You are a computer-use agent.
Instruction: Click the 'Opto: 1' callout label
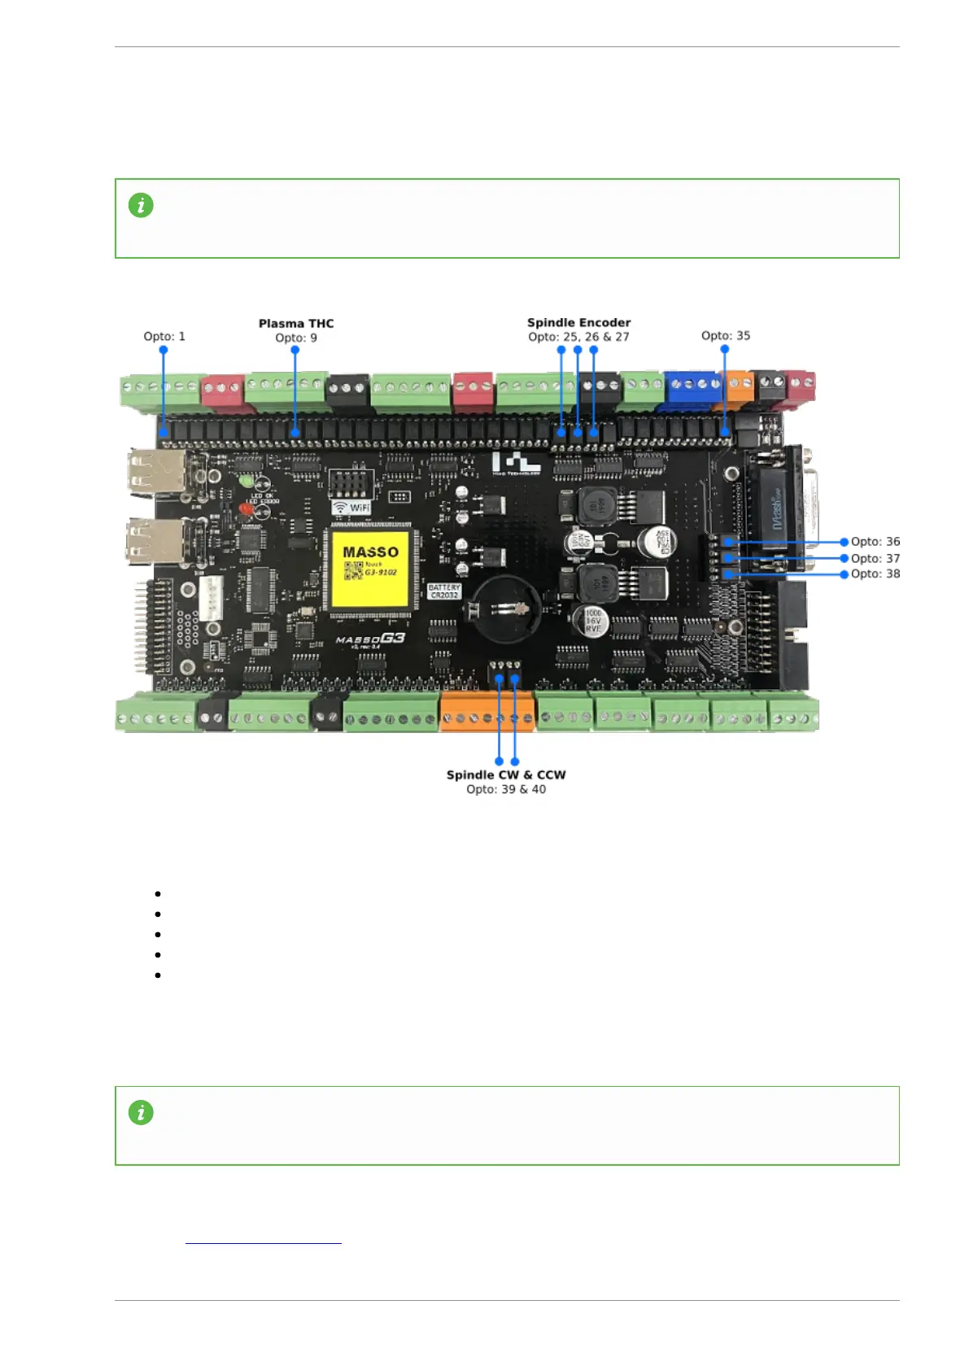(x=164, y=336)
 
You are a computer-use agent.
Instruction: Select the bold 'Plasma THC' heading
(x=296, y=323)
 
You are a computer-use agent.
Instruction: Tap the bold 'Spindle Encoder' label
(x=578, y=322)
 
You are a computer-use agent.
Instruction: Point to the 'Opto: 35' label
(x=726, y=335)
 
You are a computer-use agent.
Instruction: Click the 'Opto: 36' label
(x=875, y=541)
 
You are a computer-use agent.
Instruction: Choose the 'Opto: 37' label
(x=875, y=558)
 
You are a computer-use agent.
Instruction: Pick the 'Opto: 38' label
(x=875, y=574)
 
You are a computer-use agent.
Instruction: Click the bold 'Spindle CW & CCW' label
(x=505, y=774)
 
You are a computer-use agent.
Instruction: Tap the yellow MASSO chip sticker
(x=370, y=567)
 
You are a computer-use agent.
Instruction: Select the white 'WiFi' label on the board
(x=351, y=507)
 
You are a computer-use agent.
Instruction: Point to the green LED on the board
(x=247, y=481)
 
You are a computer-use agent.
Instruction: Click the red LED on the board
(x=246, y=509)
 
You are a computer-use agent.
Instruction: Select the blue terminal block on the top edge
(x=692, y=390)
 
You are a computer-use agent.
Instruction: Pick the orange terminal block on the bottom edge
(x=487, y=712)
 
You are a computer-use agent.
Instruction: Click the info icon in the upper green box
(x=141, y=205)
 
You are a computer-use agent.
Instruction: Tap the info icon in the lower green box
(x=141, y=1112)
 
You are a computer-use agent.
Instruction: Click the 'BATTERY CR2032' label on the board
(x=444, y=591)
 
